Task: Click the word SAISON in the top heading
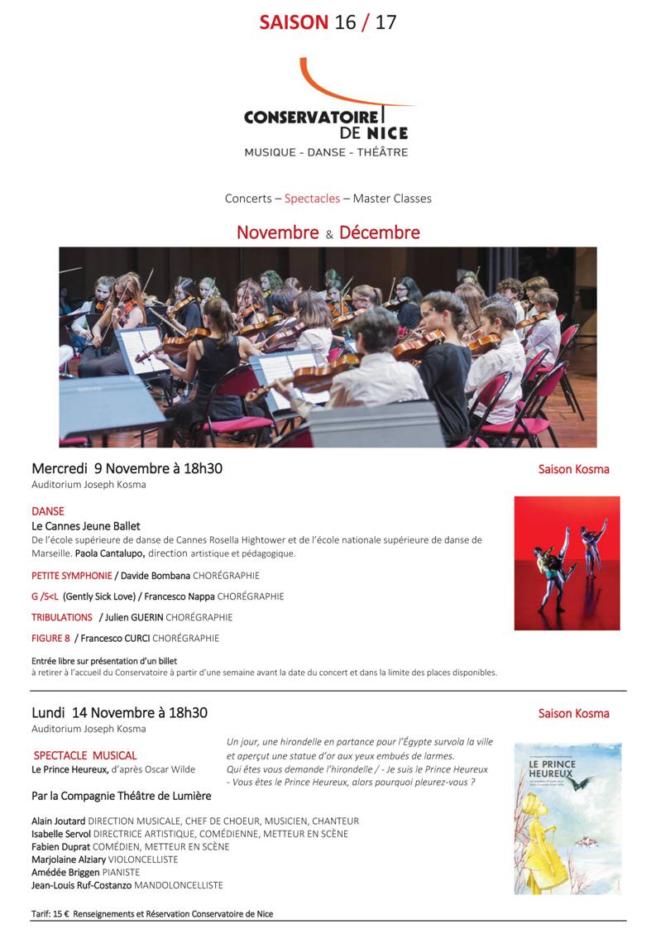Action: click(294, 22)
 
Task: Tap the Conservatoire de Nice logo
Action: click(327, 108)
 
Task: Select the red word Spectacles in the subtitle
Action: click(312, 199)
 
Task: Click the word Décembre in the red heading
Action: click(379, 232)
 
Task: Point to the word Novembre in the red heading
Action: click(277, 232)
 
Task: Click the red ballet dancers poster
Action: click(567, 563)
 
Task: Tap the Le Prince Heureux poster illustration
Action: click(567, 817)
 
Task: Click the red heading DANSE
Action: click(48, 511)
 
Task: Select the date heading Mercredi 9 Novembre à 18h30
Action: click(127, 468)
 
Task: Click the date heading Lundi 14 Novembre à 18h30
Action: click(119, 712)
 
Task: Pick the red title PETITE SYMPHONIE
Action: click(72, 576)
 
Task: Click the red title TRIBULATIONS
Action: click(62, 617)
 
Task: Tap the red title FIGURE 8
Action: click(50, 638)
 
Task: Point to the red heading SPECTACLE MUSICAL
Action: click(85, 755)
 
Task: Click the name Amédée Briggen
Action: click(65, 872)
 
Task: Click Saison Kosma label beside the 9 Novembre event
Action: click(573, 469)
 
